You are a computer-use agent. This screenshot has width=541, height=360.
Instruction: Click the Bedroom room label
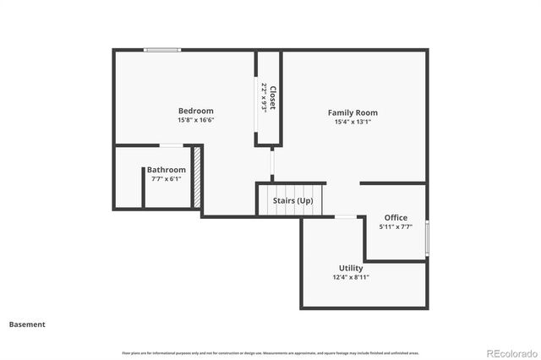(x=195, y=111)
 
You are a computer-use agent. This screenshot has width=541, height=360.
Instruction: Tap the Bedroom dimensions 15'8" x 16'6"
(x=195, y=120)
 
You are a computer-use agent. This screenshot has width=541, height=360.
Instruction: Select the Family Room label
(x=352, y=112)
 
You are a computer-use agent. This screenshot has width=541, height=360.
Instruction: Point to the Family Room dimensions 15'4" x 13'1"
(x=352, y=122)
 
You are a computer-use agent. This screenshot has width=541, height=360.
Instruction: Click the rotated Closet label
(x=272, y=97)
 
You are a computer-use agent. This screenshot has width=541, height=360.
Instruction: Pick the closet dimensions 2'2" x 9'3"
(x=264, y=97)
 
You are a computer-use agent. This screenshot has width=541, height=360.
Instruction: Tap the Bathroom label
(x=166, y=170)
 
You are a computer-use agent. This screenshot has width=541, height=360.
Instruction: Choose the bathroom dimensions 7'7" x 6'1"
(x=166, y=178)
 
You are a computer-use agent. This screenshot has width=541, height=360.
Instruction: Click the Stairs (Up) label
(x=293, y=200)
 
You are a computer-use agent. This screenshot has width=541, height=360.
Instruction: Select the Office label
(x=396, y=218)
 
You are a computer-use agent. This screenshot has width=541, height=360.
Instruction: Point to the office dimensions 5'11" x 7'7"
(x=396, y=226)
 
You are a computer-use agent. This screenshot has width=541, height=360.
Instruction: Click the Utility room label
(x=351, y=268)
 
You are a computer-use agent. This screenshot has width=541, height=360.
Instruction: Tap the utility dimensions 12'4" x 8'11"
(x=351, y=277)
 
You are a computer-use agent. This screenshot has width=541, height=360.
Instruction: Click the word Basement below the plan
(x=27, y=324)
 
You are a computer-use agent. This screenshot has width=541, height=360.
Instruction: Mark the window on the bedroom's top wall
(x=161, y=50)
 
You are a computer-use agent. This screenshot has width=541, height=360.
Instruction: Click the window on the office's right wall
(x=427, y=237)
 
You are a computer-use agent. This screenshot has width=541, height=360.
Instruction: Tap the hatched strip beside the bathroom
(x=197, y=177)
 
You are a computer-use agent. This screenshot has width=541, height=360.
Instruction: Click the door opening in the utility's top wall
(x=345, y=217)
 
